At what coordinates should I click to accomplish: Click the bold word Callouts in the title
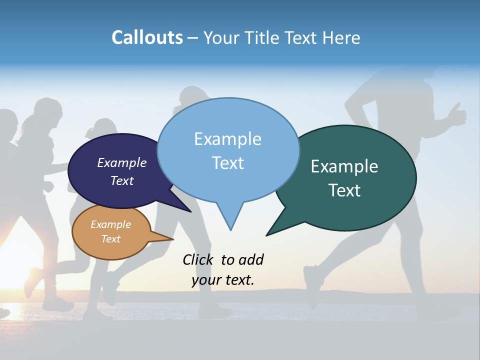[x=147, y=37]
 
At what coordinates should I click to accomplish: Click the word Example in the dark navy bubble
[x=122, y=162]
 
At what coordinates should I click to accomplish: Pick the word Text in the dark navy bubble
[x=122, y=180]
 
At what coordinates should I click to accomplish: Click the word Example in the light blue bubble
[x=227, y=139]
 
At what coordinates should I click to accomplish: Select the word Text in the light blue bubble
[x=227, y=163]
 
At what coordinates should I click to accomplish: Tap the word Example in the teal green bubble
[x=344, y=166]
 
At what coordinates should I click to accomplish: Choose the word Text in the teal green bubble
[x=344, y=190]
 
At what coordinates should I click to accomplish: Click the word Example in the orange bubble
[x=111, y=224]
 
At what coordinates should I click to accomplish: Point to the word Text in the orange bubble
[x=111, y=239]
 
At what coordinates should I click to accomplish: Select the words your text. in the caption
[x=223, y=280]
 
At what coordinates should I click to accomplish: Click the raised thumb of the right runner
[x=457, y=112]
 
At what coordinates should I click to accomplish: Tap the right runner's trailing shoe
[x=310, y=282]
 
